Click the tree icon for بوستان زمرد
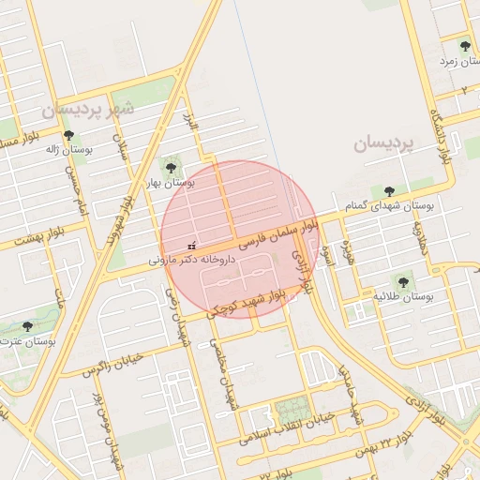[x=465, y=45]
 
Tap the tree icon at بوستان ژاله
[x=68, y=135]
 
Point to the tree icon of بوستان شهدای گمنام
[x=389, y=191]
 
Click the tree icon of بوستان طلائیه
[x=404, y=280]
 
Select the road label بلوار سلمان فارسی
[x=279, y=233]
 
